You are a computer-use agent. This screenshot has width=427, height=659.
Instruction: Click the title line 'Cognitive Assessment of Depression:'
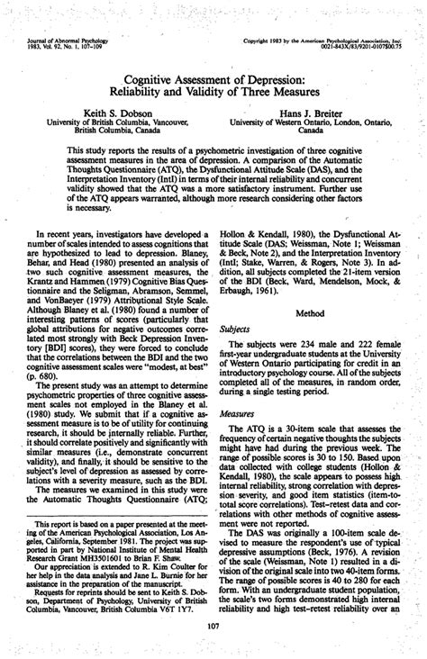(x=213, y=80)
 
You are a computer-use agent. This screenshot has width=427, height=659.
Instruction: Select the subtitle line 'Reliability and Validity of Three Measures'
(x=213, y=94)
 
